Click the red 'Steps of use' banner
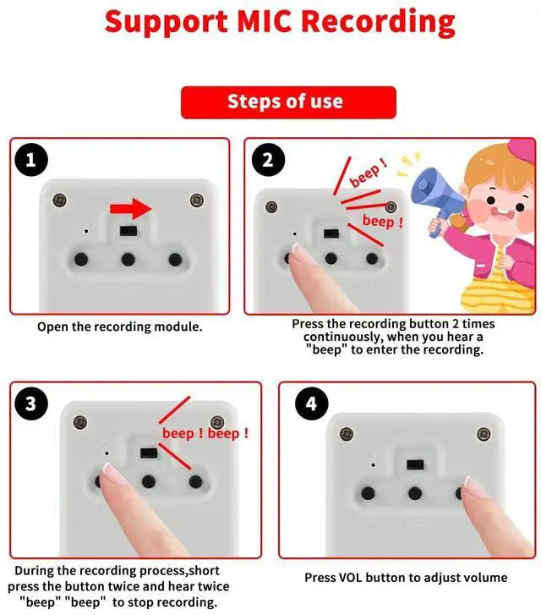(x=288, y=102)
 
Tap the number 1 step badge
(x=31, y=160)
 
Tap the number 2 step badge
(x=268, y=160)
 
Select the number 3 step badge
(x=31, y=404)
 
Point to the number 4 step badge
(x=311, y=404)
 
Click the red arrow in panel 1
(x=130, y=209)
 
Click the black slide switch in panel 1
(x=128, y=230)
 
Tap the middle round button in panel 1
(x=128, y=259)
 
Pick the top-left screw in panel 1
(x=59, y=200)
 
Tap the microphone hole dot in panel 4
(x=374, y=465)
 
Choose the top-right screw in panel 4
(x=484, y=434)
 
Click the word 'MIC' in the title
(x=265, y=21)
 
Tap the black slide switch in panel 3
(x=149, y=453)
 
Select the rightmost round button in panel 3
(x=195, y=481)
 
